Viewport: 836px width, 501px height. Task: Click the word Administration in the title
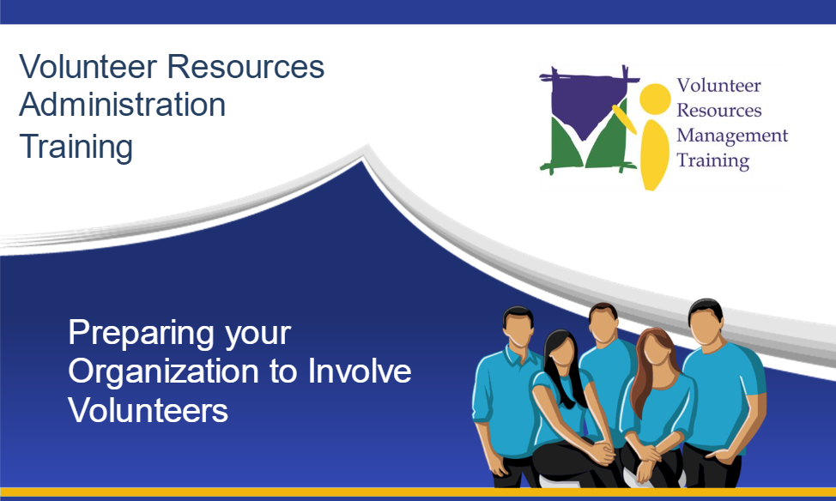123,105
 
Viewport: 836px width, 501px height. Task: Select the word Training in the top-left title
76,148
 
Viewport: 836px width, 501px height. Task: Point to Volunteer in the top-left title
88,67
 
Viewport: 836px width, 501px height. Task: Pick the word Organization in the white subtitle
165,372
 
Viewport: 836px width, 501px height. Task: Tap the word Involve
360,371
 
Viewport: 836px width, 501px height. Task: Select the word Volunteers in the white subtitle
148,410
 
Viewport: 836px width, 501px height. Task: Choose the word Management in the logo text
732,136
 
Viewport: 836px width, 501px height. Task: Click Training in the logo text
713,161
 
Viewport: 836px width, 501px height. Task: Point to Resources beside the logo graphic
719,111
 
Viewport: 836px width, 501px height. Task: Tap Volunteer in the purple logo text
718,85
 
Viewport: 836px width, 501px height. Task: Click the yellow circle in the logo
655,100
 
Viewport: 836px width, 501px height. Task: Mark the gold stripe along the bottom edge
418,492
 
